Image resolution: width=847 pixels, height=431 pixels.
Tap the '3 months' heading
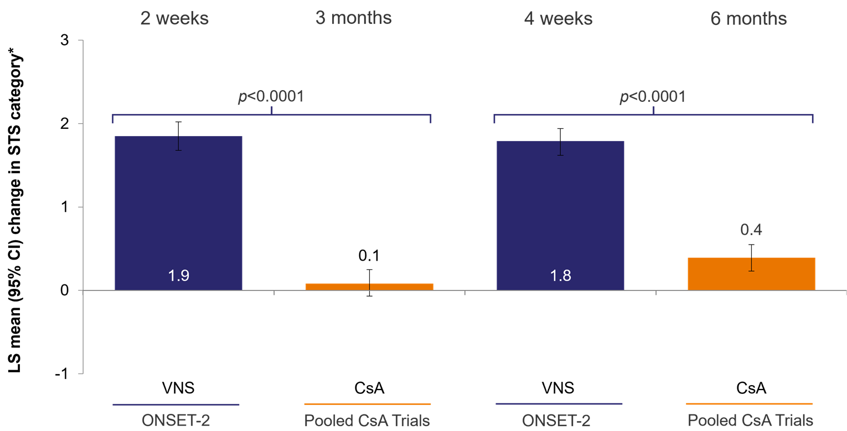[x=353, y=18]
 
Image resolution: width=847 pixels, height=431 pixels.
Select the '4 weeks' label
[x=558, y=18]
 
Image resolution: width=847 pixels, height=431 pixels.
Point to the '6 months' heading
[x=748, y=18]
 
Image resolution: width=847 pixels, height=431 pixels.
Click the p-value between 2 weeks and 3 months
[x=271, y=97]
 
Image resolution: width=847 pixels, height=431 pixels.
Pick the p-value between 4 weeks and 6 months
[x=653, y=97]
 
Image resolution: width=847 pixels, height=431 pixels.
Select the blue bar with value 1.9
[x=178, y=210]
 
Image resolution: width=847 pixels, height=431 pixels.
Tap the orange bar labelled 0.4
[x=751, y=274]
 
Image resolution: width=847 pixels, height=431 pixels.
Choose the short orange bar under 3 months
[x=369, y=287]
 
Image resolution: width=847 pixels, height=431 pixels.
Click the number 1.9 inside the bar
[x=179, y=276]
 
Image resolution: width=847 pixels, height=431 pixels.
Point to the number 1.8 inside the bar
[x=560, y=276]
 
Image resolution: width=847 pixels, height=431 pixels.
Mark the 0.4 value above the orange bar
[x=751, y=230]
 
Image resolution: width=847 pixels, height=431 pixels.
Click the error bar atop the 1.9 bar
[x=178, y=143]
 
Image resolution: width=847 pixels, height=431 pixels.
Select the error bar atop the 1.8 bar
[x=560, y=148]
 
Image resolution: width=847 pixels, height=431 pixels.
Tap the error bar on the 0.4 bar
[x=751, y=264]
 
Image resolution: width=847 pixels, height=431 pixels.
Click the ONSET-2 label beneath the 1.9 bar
[x=175, y=420]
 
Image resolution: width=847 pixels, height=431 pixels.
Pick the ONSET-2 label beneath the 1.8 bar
[x=559, y=420]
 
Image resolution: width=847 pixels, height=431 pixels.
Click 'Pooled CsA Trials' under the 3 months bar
[x=367, y=420]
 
